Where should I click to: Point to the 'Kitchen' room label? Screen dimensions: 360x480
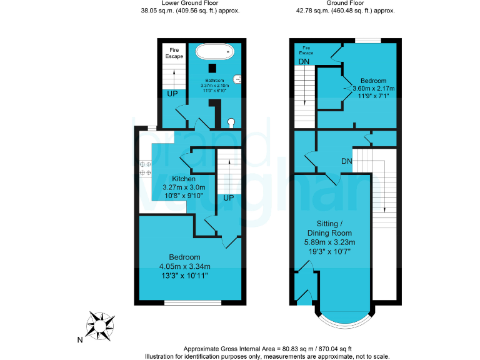(x=175, y=179)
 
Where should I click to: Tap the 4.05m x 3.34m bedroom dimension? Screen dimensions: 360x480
(x=184, y=266)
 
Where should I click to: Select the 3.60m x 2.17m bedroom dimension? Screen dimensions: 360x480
(x=372, y=89)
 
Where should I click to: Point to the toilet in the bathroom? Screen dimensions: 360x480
(x=232, y=122)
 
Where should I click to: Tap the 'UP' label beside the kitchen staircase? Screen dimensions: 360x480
(x=229, y=198)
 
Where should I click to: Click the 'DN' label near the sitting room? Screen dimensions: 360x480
(x=348, y=161)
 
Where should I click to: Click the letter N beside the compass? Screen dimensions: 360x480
(x=79, y=340)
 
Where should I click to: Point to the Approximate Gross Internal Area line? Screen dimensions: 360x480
(x=267, y=348)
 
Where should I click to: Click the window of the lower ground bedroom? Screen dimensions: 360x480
(x=192, y=303)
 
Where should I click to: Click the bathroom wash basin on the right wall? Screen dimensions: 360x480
(x=237, y=79)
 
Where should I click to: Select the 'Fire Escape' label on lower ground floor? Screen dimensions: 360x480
(x=174, y=52)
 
